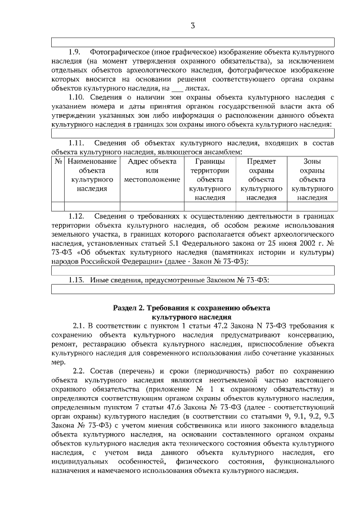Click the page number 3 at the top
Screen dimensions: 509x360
point(192,26)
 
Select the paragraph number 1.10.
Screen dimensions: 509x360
point(76,97)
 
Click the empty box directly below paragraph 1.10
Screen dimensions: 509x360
point(192,133)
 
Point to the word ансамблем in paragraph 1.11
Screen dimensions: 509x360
point(224,151)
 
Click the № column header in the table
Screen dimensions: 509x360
point(58,161)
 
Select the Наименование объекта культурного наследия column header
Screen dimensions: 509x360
point(92,175)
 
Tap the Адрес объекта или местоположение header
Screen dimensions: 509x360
point(152,170)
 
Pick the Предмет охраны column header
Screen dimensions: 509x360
point(262,179)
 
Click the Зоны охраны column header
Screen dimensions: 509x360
point(312,179)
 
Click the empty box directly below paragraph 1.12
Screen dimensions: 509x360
point(192,271)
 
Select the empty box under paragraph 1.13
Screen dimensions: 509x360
point(192,289)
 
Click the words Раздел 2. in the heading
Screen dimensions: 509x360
point(129,308)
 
